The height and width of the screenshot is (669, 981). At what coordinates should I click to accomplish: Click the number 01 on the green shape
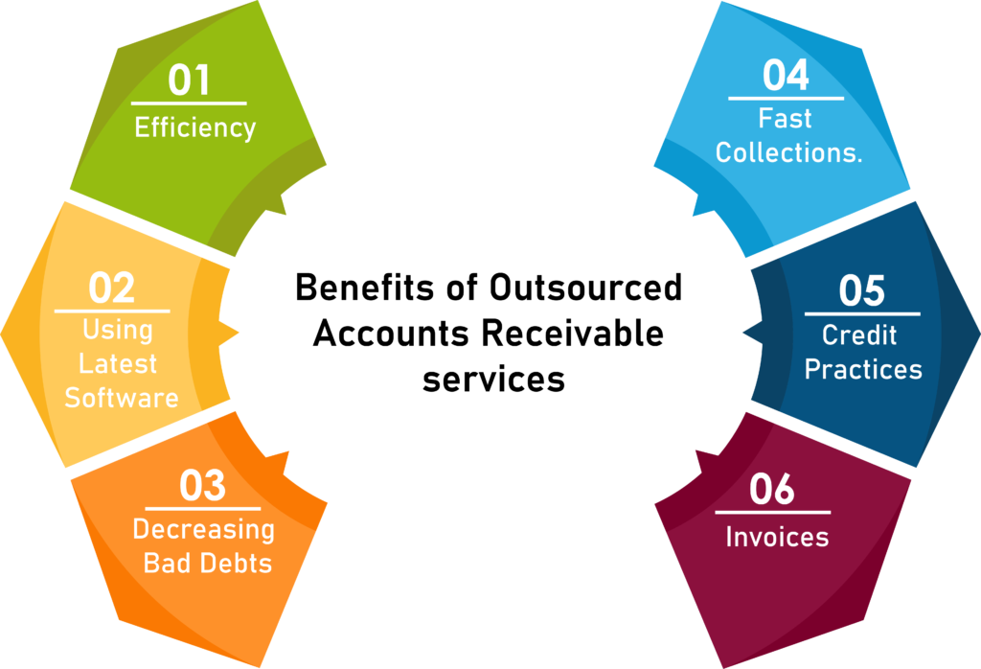tap(189, 81)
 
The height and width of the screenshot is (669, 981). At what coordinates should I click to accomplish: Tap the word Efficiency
tap(195, 127)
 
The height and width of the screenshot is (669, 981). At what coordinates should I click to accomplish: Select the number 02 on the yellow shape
tap(112, 288)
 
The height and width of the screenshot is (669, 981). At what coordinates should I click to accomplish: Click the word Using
tap(118, 331)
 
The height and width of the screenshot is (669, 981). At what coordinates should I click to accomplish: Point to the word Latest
tap(118, 364)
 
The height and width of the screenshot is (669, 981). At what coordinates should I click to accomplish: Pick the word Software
tap(122, 398)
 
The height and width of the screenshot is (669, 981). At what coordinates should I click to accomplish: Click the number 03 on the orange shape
tap(202, 487)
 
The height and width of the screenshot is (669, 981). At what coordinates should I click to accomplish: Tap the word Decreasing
tap(203, 529)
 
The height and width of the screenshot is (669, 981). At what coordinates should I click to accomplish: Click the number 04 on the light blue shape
tap(786, 76)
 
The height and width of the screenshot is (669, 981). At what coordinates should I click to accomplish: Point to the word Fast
tap(786, 119)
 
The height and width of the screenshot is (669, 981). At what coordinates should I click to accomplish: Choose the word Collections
tap(789, 152)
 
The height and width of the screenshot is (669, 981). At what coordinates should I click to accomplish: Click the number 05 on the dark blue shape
tap(861, 291)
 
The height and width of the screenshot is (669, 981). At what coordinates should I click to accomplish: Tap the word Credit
tap(859, 335)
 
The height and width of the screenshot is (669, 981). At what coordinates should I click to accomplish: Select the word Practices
tap(863, 369)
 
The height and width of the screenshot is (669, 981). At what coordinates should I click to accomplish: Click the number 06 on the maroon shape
tap(772, 490)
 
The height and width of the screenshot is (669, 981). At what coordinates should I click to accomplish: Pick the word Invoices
tap(777, 537)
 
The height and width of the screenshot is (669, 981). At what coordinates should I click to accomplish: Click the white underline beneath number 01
tap(189, 103)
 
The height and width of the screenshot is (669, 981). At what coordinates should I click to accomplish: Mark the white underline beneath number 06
tap(772, 513)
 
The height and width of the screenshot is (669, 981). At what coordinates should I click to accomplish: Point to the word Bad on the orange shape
tap(165, 563)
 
